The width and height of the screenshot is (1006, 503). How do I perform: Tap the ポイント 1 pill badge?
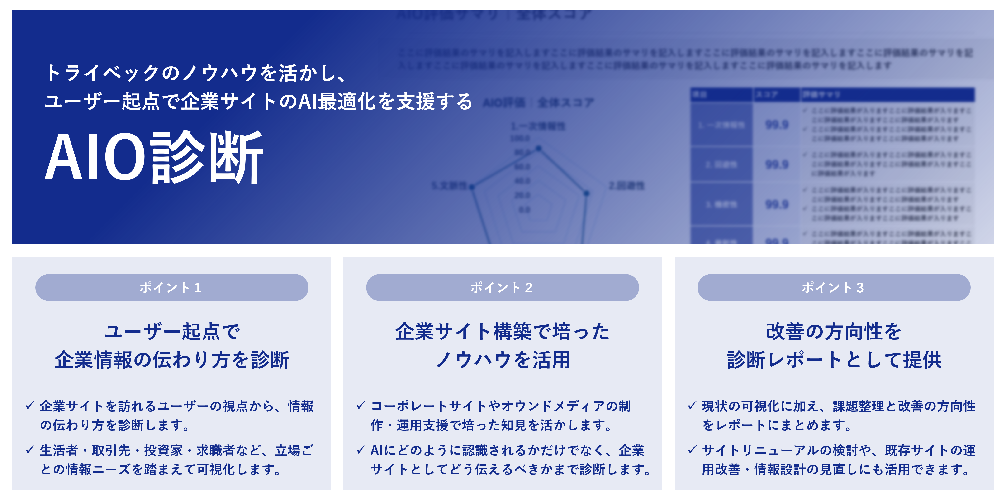click(x=172, y=288)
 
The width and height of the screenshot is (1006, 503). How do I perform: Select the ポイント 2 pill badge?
click(x=502, y=288)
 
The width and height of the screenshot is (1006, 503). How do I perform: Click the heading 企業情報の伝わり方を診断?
click(x=172, y=360)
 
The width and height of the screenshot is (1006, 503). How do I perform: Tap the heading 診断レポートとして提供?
click(x=834, y=360)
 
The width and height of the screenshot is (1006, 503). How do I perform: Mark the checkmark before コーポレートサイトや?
click(x=361, y=406)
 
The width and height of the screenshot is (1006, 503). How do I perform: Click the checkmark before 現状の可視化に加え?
click(x=692, y=406)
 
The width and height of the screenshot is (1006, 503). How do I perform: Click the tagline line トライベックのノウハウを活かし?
click(x=195, y=73)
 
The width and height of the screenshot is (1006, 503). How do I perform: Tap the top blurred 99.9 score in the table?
click(x=777, y=125)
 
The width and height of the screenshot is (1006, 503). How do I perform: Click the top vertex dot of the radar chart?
click(x=539, y=148)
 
